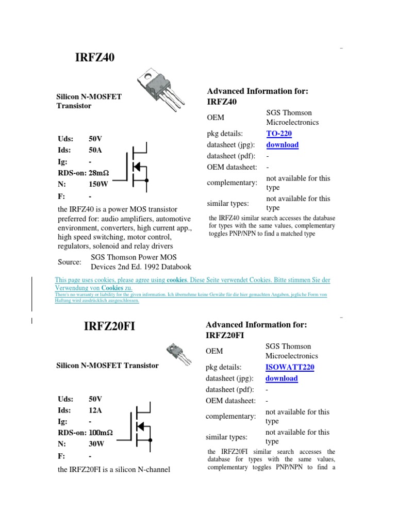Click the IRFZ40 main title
[x=95, y=57]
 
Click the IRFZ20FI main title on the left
[x=109, y=326]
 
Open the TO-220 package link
[x=279, y=134]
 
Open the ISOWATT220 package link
[x=290, y=367]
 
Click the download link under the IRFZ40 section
[x=282, y=145]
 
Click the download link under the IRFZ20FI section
[x=282, y=378]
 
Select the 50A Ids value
[x=95, y=150]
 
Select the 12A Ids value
[x=95, y=410]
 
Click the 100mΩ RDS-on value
[x=101, y=433]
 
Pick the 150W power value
[x=97, y=184]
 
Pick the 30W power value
[x=95, y=444]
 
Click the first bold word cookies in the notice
[x=176, y=280]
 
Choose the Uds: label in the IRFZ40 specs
[x=65, y=139]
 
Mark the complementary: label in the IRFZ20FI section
[x=231, y=416]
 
